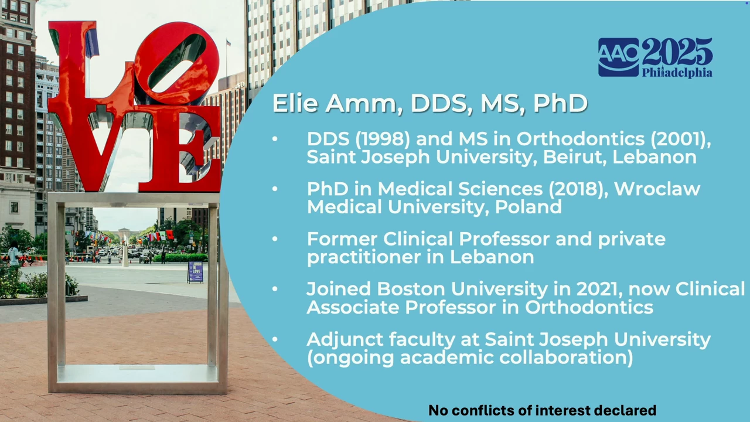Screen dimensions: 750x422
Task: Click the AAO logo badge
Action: pyautogui.click(x=618, y=57)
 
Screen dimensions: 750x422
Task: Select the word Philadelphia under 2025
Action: pyautogui.click(x=677, y=73)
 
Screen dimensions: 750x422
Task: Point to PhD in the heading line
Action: pyautogui.click(x=561, y=103)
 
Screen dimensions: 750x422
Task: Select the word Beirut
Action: pyautogui.click(x=575, y=157)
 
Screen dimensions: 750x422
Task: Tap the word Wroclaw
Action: pyautogui.click(x=657, y=189)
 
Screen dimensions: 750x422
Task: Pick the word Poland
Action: pyautogui.click(x=529, y=207)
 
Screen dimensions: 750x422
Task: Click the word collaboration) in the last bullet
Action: pyautogui.click(x=566, y=358)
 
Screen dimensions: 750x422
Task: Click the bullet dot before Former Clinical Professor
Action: pyautogui.click(x=275, y=239)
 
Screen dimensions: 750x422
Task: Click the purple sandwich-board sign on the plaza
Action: pyautogui.click(x=196, y=272)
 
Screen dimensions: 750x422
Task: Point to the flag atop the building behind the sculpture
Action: pyautogui.click(x=229, y=43)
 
